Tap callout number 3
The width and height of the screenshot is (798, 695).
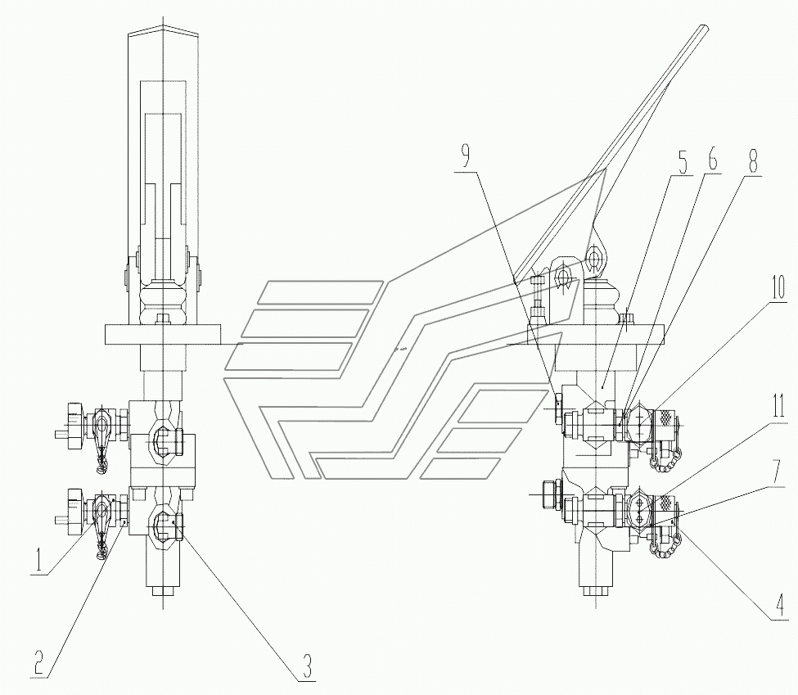point(307,666)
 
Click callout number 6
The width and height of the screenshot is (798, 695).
point(713,161)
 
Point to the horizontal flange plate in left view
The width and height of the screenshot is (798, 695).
point(163,334)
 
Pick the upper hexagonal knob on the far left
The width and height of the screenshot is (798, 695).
point(73,419)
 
